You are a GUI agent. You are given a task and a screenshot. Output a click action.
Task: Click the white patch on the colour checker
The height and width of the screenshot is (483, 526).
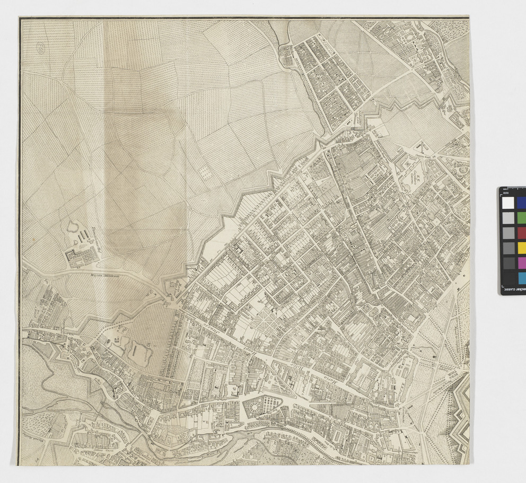pos(509,203)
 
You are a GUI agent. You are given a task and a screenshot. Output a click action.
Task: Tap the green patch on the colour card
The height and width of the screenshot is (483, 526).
pos(521,218)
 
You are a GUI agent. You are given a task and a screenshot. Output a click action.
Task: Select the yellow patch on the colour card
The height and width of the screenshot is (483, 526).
pos(521,248)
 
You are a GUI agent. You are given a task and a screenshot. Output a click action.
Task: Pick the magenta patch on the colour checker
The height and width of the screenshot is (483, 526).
pos(521,262)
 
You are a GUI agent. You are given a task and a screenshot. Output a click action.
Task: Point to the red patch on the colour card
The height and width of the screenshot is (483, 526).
pos(521,233)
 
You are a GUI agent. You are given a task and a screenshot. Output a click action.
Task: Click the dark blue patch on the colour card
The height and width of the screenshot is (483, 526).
pos(521,203)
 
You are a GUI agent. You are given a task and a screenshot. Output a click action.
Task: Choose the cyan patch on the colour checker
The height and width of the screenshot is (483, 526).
pos(521,278)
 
